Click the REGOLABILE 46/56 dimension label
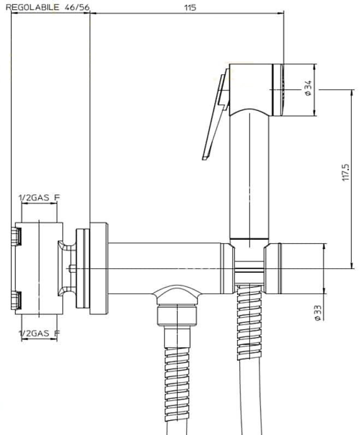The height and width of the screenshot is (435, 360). pyautogui.click(x=48, y=8)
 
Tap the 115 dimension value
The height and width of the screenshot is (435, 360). pyautogui.click(x=190, y=8)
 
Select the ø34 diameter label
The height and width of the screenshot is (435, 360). pyautogui.click(x=308, y=88)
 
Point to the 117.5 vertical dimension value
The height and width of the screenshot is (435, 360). pyautogui.click(x=346, y=172)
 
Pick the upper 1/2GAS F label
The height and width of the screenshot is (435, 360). pyautogui.click(x=39, y=198)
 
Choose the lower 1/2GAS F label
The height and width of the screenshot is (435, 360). pyautogui.click(x=39, y=333)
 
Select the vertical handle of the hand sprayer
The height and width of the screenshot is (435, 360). pyautogui.click(x=249, y=177)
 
